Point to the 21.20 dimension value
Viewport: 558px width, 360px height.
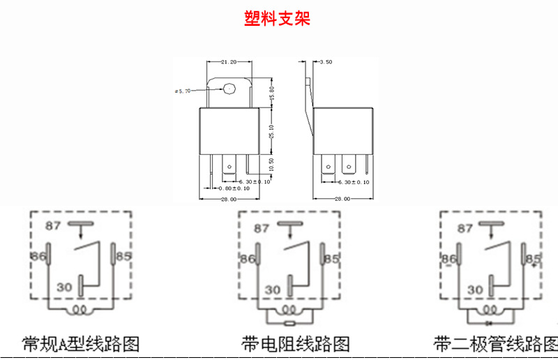click(228, 62)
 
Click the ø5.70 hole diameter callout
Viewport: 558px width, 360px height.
click(183, 91)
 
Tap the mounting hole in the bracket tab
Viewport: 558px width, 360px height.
click(230, 89)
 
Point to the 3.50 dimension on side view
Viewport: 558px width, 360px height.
click(324, 62)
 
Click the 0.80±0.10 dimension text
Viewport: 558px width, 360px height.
click(234, 188)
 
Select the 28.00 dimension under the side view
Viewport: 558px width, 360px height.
click(342, 200)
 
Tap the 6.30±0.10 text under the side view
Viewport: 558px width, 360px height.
click(355, 182)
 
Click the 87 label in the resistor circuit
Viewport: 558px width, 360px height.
click(262, 228)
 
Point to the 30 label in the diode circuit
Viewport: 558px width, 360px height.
click(475, 289)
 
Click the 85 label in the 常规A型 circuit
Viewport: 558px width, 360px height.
click(123, 257)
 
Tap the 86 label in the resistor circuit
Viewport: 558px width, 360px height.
click(247, 259)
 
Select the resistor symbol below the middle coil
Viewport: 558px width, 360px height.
click(289, 324)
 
